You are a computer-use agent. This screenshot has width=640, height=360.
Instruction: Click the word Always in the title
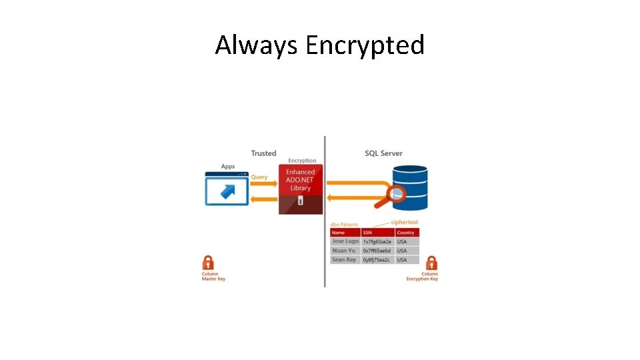pos(257,45)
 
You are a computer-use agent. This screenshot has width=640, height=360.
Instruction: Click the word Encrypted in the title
pos(365,45)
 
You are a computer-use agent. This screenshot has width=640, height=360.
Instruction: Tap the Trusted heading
pos(263,153)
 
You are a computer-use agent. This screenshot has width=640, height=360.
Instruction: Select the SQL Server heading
pos(383,153)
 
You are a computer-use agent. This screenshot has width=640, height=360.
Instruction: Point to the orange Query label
pos(259,177)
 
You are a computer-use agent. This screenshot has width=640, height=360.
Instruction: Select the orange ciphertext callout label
pos(405,222)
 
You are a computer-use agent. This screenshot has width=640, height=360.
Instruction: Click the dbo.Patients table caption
pos(345,225)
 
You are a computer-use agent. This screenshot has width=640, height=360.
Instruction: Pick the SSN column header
pos(367,233)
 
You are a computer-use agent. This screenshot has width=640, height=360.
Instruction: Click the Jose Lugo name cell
pos(345,241)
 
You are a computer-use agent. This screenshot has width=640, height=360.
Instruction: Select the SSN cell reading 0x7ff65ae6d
pos(377,251)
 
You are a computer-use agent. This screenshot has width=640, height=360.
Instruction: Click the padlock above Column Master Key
pos(208,263)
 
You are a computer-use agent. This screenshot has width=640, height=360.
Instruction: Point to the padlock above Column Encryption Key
pos(431,263)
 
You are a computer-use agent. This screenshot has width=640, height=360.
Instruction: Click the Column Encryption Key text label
pos(423,277)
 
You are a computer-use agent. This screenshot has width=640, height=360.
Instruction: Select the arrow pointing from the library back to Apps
pos(263,199)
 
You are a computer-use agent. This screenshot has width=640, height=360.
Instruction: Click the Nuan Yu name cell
pos(344,251)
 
